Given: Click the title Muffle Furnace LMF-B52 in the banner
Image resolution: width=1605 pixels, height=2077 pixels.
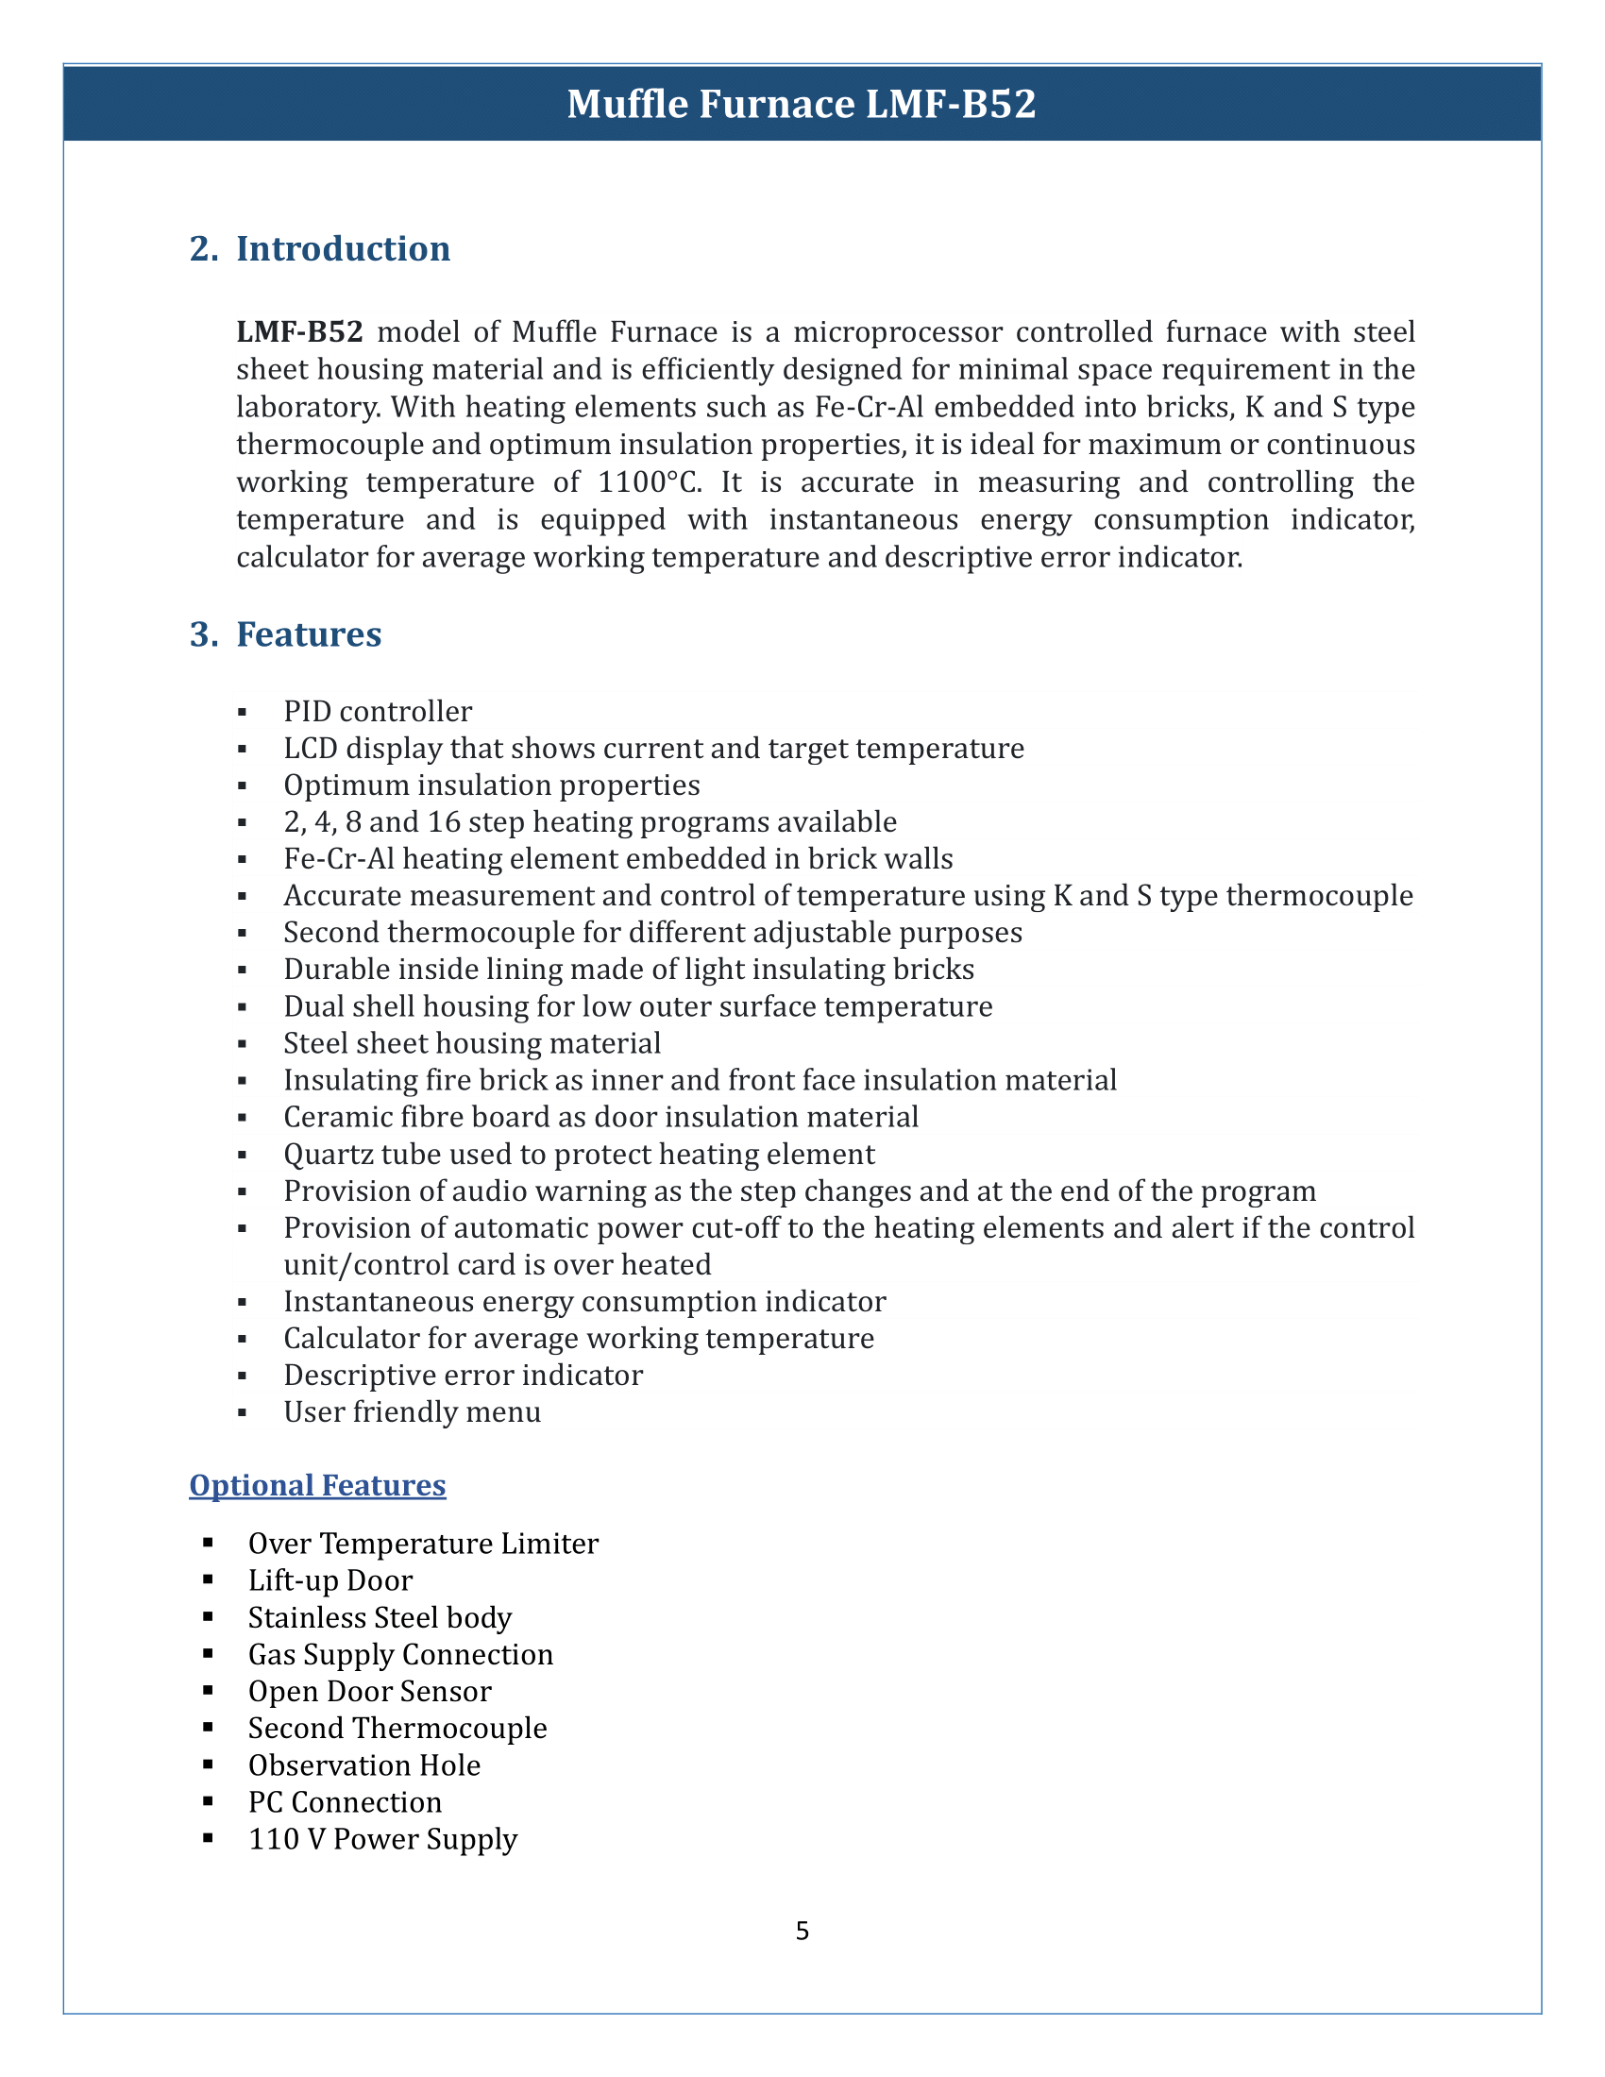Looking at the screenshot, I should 801,104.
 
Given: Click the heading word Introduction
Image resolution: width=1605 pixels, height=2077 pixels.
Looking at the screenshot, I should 343,248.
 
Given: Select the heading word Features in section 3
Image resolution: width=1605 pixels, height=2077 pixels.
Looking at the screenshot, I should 308,634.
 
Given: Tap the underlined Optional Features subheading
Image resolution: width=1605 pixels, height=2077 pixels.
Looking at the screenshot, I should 316,1484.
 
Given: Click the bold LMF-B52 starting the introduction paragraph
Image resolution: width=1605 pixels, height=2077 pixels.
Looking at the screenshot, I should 299,332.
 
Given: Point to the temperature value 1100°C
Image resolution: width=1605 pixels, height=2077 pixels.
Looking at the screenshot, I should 650,482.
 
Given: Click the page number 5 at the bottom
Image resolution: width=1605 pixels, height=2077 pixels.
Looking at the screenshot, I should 802,1931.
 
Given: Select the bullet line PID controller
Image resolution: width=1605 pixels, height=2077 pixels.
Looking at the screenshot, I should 377,711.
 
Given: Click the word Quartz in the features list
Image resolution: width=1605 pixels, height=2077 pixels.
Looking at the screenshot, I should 324,1154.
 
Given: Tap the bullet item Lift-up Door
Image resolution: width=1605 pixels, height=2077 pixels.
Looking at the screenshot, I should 329,1579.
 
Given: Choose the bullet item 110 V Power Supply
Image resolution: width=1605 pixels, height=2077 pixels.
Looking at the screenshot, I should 382,1838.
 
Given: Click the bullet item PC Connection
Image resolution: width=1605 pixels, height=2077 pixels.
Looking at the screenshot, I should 345,1801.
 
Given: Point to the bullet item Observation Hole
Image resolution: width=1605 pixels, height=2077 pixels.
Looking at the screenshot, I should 363,1765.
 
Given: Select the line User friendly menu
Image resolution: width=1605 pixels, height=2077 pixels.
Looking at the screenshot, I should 411,1411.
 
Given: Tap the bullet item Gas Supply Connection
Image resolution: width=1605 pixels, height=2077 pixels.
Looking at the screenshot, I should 399,1654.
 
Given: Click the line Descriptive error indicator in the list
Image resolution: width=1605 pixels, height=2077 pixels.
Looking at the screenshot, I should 462,1376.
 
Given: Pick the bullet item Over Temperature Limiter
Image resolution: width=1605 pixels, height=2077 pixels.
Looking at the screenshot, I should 422,1543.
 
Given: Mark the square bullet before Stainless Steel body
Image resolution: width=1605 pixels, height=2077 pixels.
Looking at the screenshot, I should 209,1617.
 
